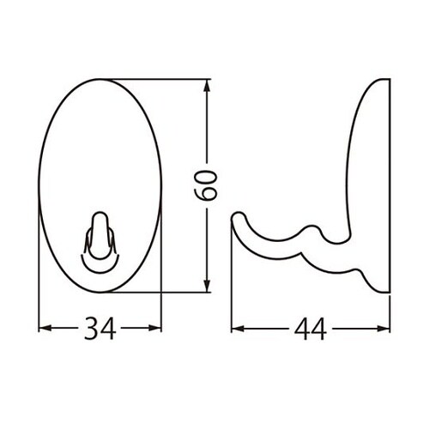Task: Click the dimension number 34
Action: [x=101, y=328]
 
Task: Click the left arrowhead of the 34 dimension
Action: [x=45, y=328]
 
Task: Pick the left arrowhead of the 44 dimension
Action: [x=238, y=328]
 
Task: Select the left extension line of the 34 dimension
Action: [x=40, y=283]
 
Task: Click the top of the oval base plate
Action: [x=101, y=80]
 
